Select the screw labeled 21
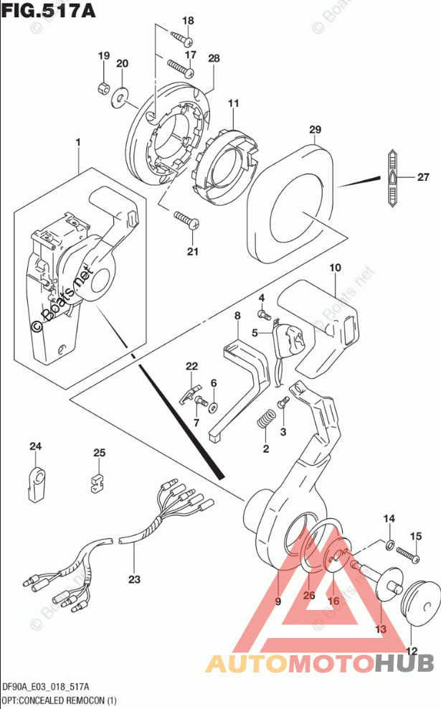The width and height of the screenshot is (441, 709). click(x=184, y=220)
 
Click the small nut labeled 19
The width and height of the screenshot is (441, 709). click(x=103, y=88)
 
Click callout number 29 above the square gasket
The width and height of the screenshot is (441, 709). click(x=314, y=130)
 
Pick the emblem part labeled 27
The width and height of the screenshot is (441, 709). click(x=394, y=178)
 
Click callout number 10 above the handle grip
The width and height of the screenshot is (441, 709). click(x=334, y=268)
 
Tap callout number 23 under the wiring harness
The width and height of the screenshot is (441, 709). click(x=135, y=578)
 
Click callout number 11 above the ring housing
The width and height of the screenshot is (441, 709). click(x=232, y=105)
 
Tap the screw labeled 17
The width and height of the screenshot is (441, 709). click(x=181, y=68)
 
